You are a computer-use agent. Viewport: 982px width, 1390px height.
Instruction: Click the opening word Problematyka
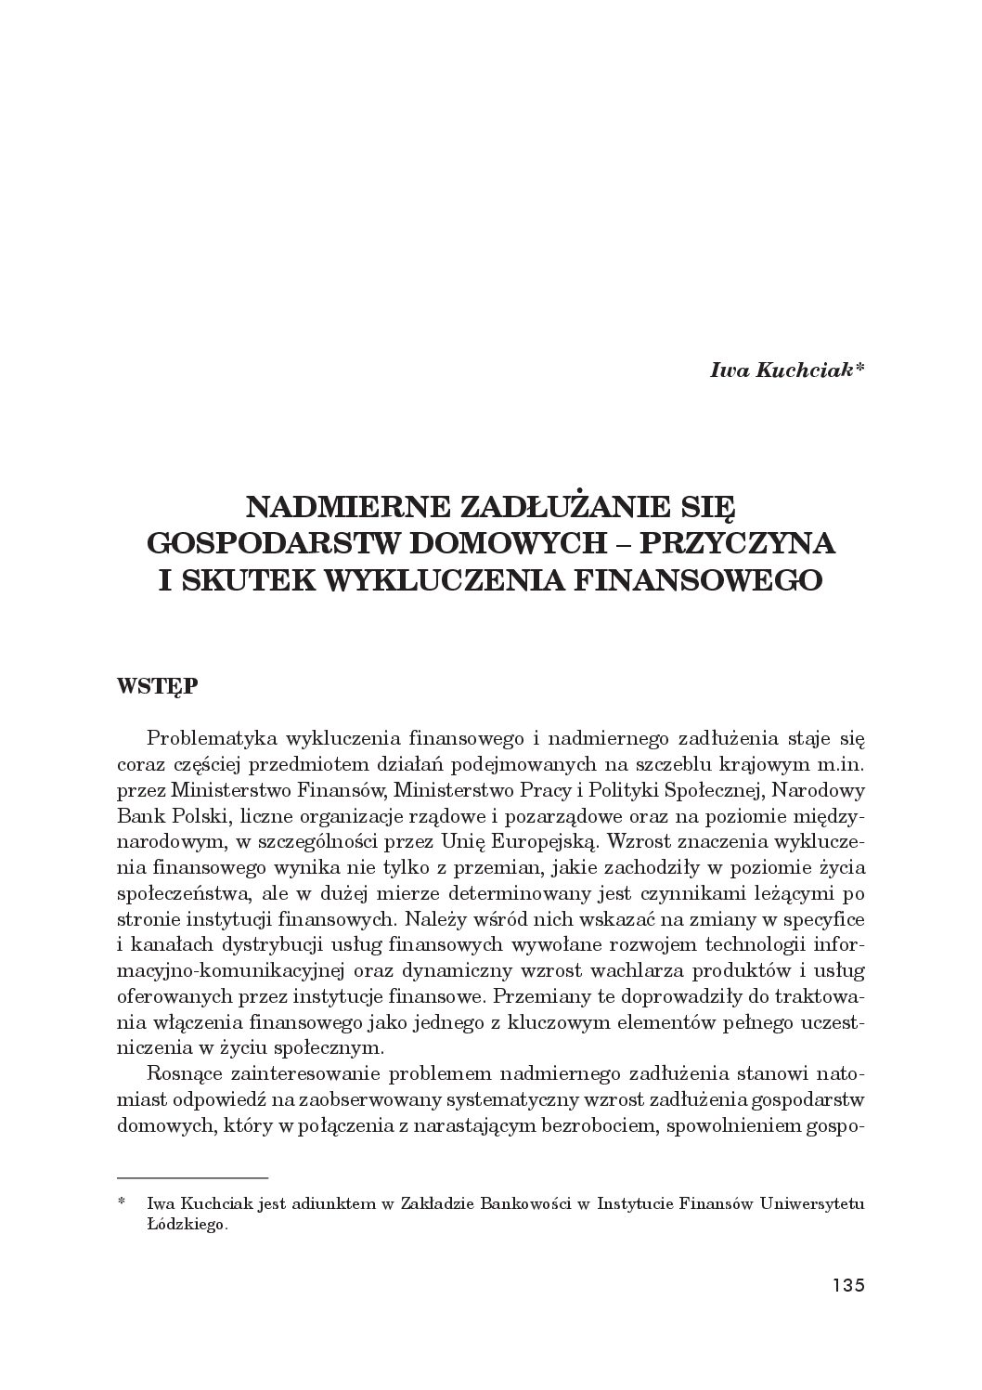201,739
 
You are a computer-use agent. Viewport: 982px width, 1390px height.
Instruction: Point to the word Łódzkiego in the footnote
187,1226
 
